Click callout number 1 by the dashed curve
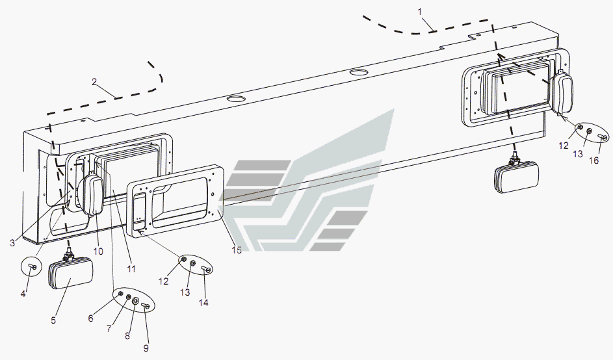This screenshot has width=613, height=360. (x=419, y=12)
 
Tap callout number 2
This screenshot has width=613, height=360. (x=94, y=82)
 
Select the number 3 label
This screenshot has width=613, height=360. (x=12, y=243)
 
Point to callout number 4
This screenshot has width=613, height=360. (x=23, y=294)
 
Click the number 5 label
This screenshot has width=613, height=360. (x=54, y=320)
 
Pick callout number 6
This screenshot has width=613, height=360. (x=91, y=318)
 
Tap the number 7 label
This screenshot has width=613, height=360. (x=109, y=329)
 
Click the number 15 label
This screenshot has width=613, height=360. (x=237, y=250)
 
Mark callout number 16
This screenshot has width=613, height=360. (x=597, y=161)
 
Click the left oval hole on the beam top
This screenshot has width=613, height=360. (x=235, y=99)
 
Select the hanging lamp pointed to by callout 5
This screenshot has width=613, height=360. (x=70, y=276)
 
